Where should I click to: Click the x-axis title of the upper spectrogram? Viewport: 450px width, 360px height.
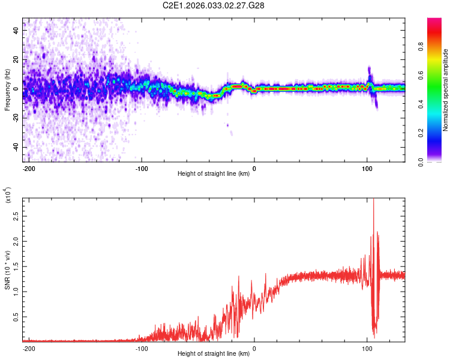pyautogui.click(x=214, y=174)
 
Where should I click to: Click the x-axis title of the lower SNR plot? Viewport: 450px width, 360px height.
pyautogui.click(x=214, y=354)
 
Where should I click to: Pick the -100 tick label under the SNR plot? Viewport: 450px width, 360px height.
pyautogui.click(x=141, y=348)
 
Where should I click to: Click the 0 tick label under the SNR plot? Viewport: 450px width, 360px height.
pyautogui.click(x=254, y=348)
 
